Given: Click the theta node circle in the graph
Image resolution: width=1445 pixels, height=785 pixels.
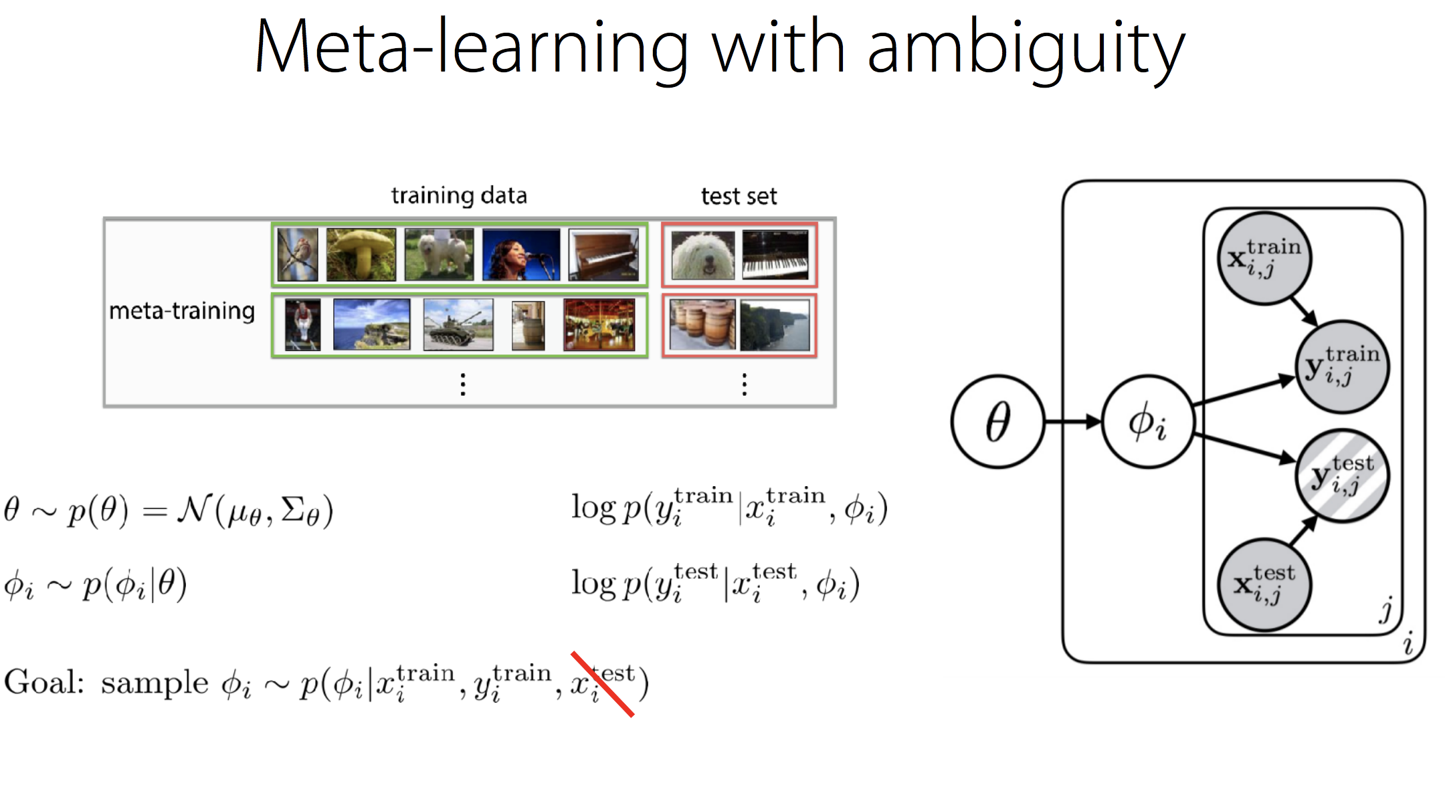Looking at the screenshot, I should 997,421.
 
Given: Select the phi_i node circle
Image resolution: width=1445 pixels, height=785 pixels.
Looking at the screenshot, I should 1147,421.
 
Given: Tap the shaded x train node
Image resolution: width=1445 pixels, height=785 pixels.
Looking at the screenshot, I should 1264,258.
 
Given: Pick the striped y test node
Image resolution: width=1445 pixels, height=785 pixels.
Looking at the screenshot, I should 1342,475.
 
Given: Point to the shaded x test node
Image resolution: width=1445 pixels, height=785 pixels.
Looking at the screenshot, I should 1264,584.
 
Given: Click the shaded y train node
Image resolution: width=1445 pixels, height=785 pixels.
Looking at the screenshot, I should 1342,366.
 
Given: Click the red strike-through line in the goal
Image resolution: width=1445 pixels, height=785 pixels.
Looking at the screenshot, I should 602,683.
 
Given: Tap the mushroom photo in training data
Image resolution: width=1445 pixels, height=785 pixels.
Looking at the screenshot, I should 361,254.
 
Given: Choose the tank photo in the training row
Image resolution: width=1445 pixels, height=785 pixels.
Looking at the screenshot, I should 458,325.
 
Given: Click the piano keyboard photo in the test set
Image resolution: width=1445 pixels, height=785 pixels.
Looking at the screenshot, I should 775,254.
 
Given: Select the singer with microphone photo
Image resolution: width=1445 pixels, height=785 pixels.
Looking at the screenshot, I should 520,254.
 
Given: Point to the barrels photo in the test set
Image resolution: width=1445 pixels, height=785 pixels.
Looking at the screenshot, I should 702,325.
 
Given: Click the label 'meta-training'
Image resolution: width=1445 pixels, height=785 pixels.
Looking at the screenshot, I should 182,312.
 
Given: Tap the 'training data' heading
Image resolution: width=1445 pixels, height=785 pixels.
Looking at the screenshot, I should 459,196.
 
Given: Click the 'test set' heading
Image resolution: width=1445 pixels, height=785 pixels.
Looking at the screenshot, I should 739,197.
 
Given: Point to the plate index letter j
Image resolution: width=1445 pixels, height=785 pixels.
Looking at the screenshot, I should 1386,610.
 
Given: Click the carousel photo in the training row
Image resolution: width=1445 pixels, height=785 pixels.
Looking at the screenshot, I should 599,325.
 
